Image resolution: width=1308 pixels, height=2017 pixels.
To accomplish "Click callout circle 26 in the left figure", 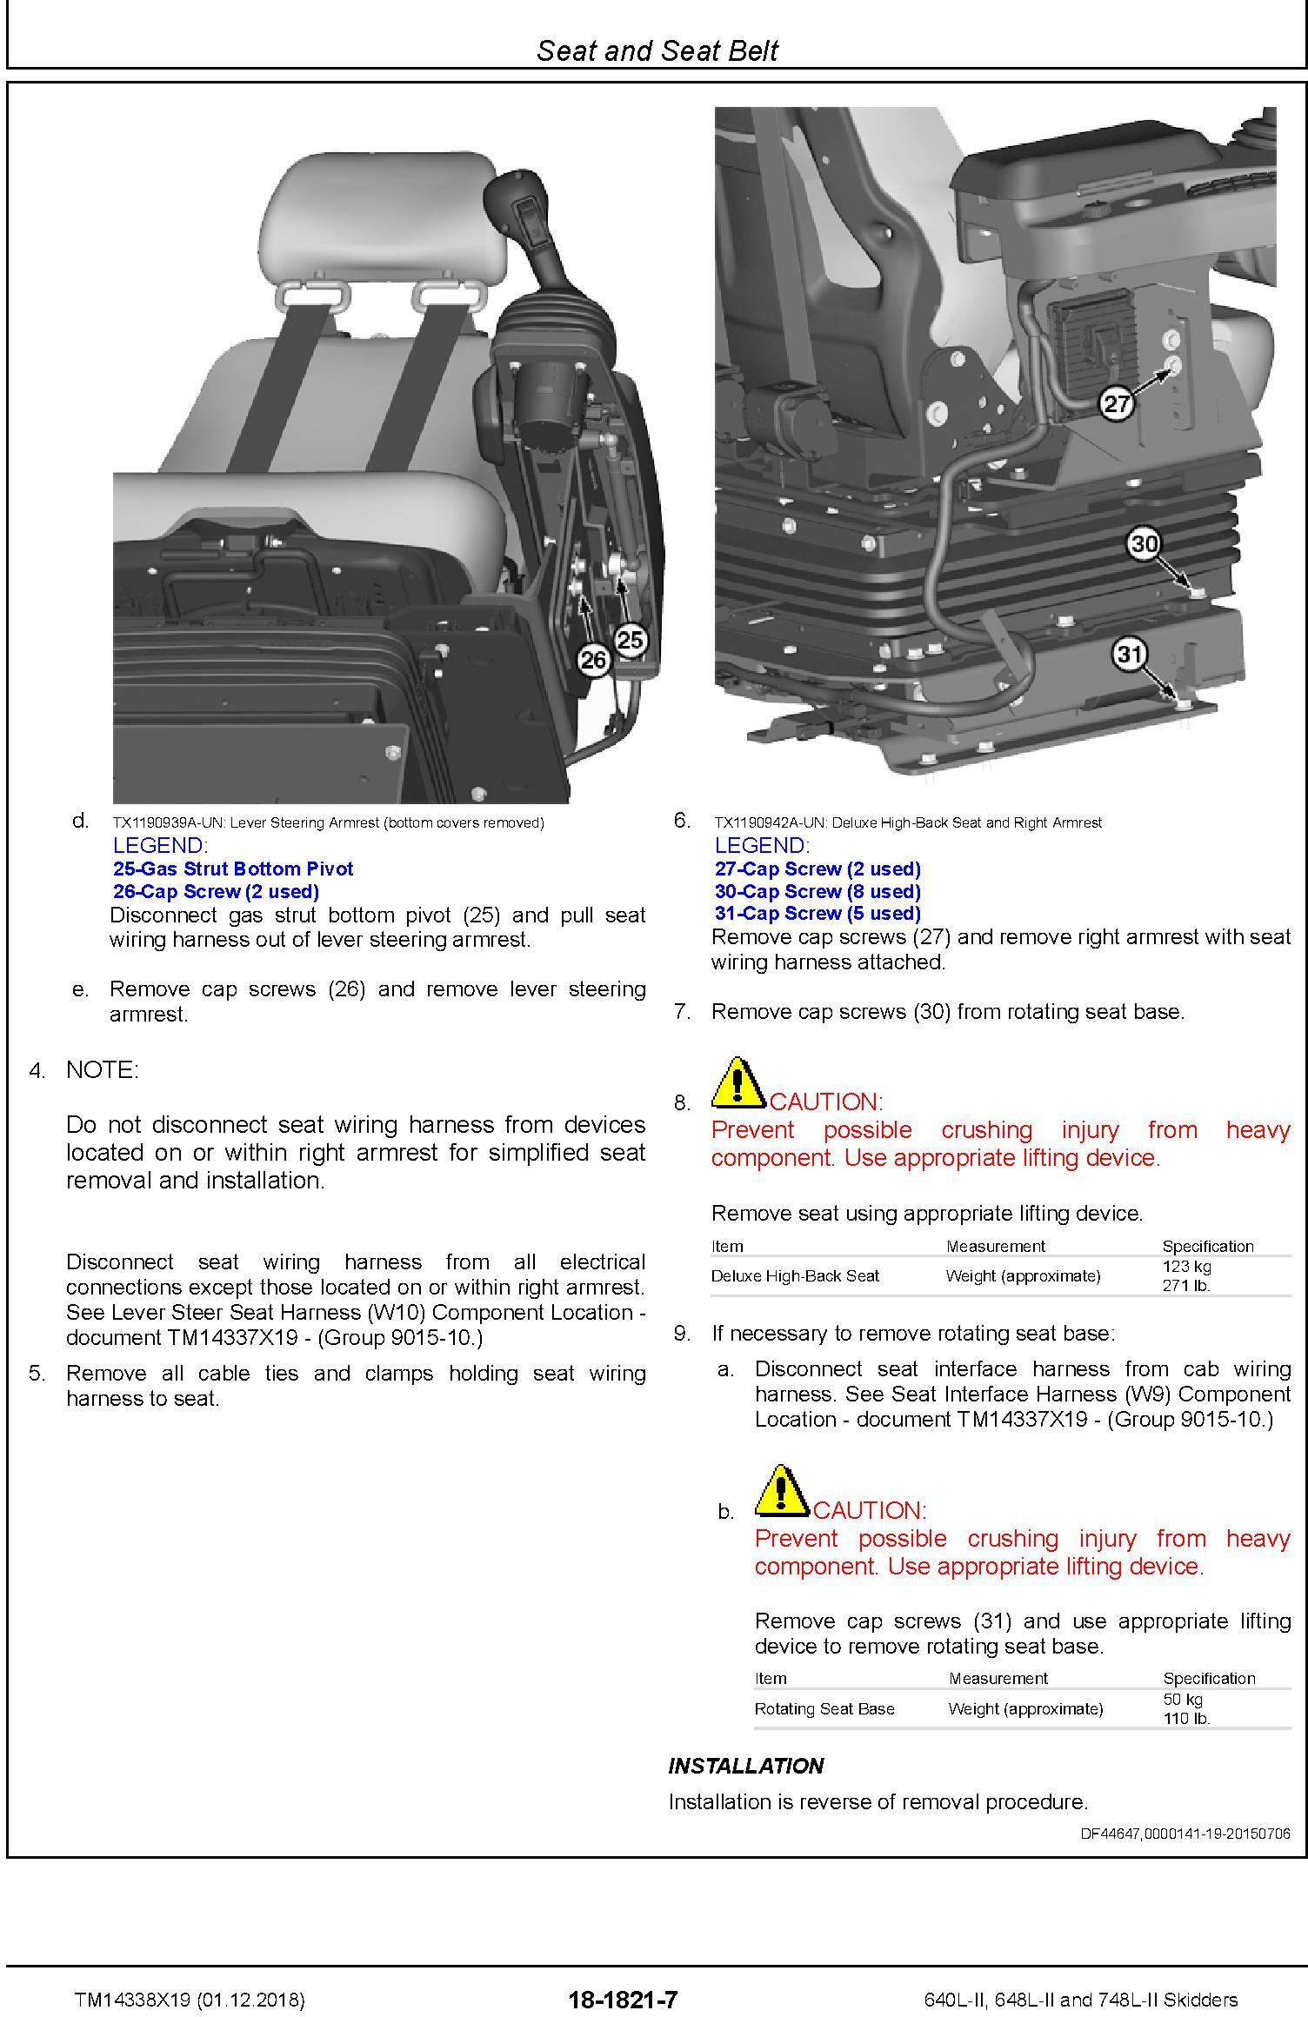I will click(593, 661).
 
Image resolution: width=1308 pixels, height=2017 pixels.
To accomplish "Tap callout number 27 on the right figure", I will click(1117, 403).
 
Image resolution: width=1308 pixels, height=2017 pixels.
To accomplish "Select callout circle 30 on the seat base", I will click(1144, 544).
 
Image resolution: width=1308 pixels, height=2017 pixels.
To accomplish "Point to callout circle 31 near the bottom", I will click(1129, 654).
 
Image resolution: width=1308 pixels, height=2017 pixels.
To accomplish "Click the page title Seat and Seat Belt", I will click(657, 50).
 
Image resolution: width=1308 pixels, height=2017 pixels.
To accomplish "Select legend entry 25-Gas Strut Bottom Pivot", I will click(233, 869).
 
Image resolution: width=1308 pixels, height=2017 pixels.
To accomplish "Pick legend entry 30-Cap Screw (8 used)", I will click(817, 891).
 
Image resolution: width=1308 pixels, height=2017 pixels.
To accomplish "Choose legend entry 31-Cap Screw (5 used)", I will click(817, 913).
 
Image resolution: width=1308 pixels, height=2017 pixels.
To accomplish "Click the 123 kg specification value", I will click(1186, 1267).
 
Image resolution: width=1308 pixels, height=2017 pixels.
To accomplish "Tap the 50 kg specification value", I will click(1183, 1699).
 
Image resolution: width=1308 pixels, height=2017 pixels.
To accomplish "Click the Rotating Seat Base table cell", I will click(824, 1708).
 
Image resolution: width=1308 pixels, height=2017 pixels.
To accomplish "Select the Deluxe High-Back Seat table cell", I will click(795, 1275).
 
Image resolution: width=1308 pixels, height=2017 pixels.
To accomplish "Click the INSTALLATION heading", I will click(745, 1766).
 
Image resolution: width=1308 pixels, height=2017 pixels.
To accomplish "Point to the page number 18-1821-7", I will click(623, 2000).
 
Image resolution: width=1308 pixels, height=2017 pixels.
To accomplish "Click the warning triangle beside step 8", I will click(737, 1082).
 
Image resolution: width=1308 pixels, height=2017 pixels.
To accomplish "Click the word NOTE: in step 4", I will click(102, 1070).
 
